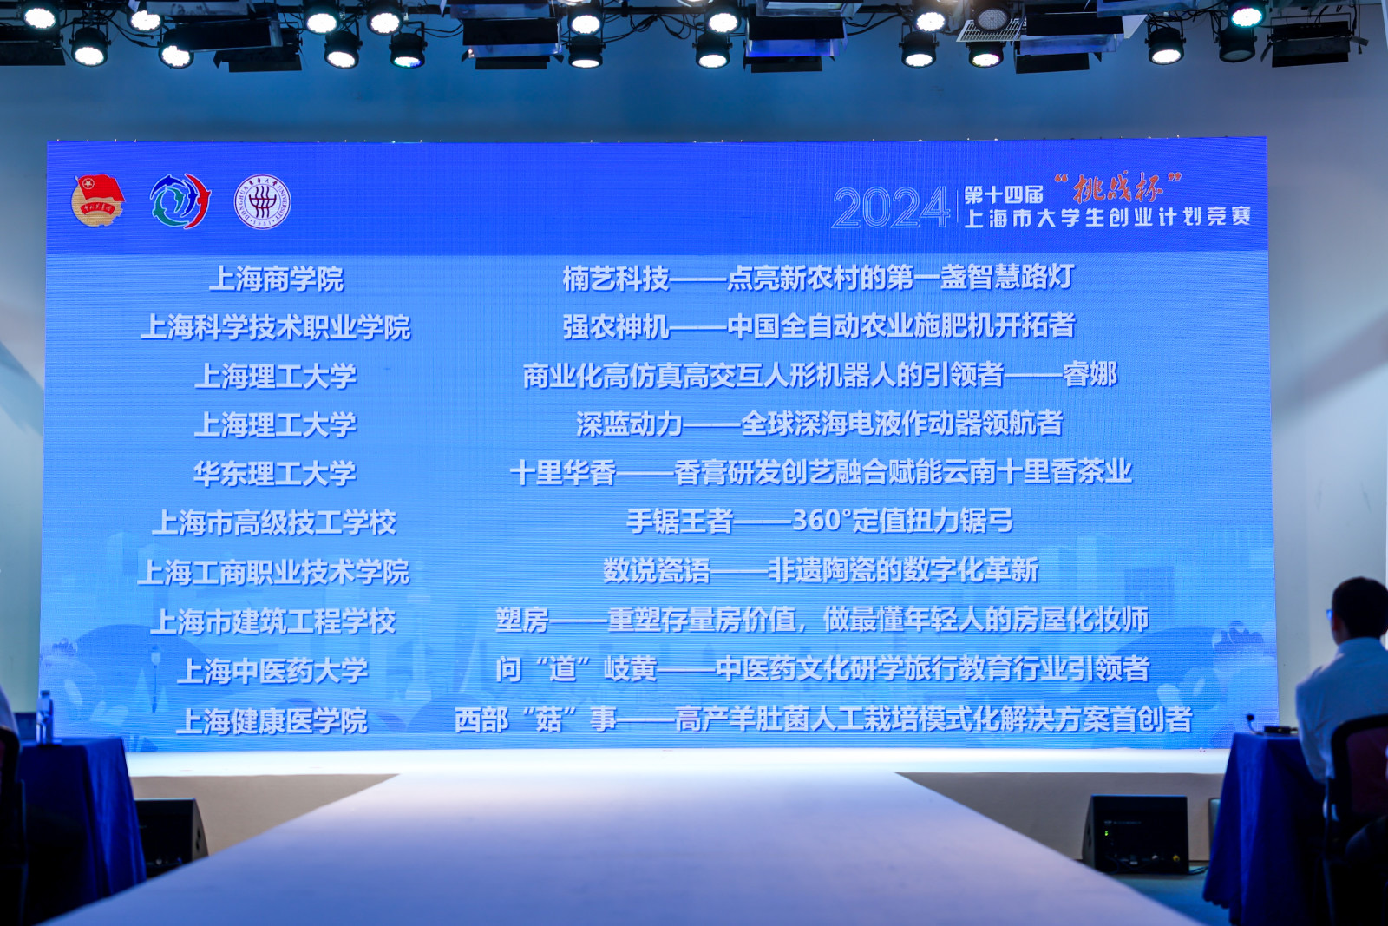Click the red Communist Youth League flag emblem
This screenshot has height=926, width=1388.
click(98, 200)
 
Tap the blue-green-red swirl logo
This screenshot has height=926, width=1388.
click(180, 200)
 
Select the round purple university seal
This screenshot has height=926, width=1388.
click(262, 201)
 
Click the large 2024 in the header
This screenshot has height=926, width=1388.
click(891, 207)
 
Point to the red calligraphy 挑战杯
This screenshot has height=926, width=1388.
click(1118, 187)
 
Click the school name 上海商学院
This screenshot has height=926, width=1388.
click(277, 279)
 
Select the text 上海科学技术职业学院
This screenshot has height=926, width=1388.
click(276, 327)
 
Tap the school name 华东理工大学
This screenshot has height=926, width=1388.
click(275, 474)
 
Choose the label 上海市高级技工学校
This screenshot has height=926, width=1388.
click(274, 522)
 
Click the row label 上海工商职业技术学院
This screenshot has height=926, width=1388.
click(273, 572)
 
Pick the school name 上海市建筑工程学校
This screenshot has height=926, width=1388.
click(273, 621)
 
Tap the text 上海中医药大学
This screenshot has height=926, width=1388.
click(272, 671)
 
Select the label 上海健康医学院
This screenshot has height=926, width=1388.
click(272, 721)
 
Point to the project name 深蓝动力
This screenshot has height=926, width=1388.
click(630, 424)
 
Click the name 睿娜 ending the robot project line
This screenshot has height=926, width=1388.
click(1090, 375)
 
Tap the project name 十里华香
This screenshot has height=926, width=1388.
click(563, 473)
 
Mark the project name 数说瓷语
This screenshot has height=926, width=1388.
click(657, 571)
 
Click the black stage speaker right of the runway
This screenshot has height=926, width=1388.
click(1136, 834)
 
